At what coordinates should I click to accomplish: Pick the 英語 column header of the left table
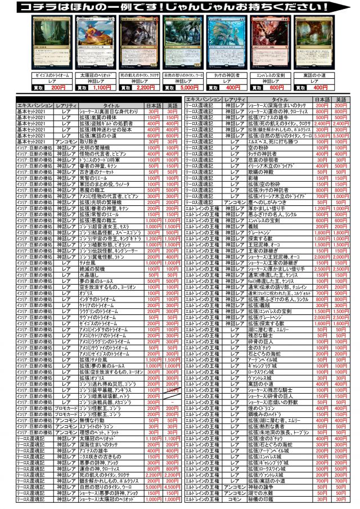point(173,105)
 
